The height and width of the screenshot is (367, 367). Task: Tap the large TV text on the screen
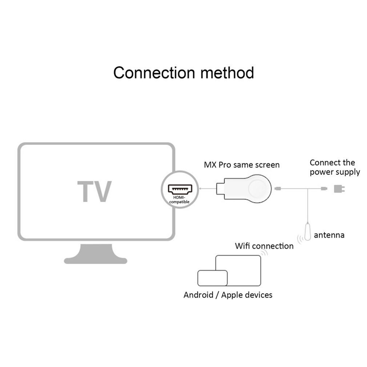click(x=94, y=191)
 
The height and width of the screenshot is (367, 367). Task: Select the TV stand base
click(x=96, y=256)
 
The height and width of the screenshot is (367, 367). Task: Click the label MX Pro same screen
click(x=241, y=165)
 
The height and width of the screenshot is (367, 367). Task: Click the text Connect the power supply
click(x=334, y=167)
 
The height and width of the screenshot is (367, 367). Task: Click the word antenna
click(x=329, y=235)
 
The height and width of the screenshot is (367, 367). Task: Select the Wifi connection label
click(x=264, y=246)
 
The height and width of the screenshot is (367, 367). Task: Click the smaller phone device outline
click(x=212, y=278)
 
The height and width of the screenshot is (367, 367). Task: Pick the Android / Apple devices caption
click(x=228, y=295)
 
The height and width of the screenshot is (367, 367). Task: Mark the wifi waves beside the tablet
click(x=265, y=253)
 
